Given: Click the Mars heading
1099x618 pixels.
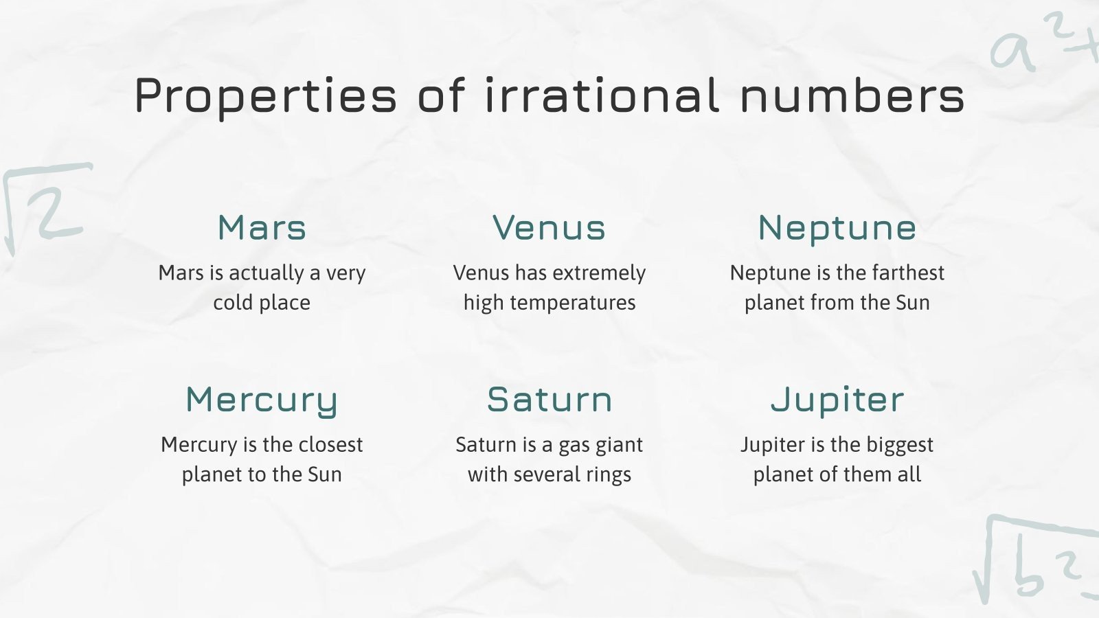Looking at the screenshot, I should point(262,228).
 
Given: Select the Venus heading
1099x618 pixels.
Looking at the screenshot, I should point(549,228).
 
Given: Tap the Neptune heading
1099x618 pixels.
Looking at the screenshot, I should point(837,228).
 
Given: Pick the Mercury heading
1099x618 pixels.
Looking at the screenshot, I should point(262,400).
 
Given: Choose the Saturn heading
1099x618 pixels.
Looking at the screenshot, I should point(549,400).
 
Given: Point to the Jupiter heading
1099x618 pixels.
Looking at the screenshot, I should point(837,400).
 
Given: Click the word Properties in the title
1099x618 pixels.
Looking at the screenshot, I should point(266,96).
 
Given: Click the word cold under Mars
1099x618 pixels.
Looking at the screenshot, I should point(233,302).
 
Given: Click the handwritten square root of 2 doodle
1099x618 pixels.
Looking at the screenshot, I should point(45,206).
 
